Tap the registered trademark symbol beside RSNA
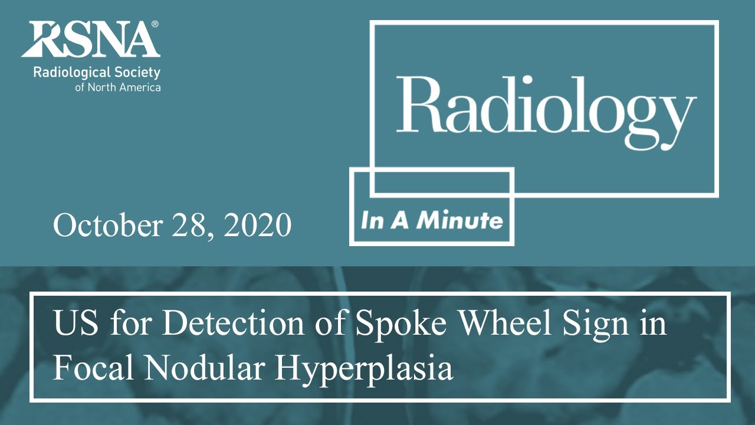[155, 24]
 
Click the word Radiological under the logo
[71, 73]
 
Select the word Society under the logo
[137, 73]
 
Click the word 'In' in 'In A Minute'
[370, 221]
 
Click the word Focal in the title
[93, 368]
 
